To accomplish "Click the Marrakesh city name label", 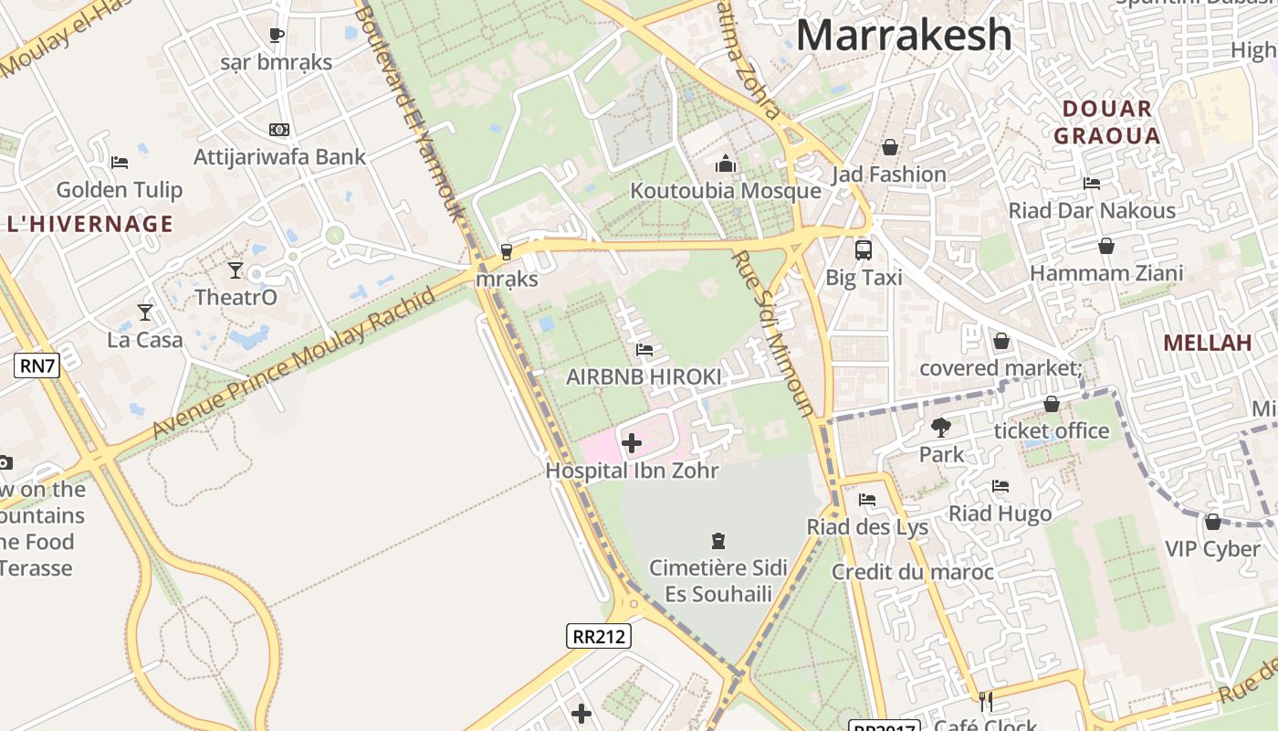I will tap(904, 35).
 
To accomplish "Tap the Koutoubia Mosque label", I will tap(726, 191).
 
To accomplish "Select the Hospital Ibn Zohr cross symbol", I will tap(631, 444).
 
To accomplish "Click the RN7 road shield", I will tap(37, 366).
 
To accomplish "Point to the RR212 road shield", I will tap(599, 635).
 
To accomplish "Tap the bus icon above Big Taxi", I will tap(863, 249).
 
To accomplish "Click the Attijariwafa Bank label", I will tap(279, 157).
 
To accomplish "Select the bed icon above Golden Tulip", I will tap(119, 163).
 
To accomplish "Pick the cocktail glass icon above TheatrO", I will tap(236, 270).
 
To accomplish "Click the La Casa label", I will tap(145, 340).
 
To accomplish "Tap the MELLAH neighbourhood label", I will tap(1207, 343).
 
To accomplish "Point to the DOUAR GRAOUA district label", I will tap(1106, 122).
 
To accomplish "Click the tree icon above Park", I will tap(940, 427).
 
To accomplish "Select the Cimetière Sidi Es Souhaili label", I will tap(718, 581).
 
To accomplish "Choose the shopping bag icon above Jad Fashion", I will tap(889, 147).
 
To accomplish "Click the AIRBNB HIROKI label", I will tap(644, 376).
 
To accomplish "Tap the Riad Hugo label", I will tap(1000, 514).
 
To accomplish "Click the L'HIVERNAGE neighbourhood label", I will tap(89, 224).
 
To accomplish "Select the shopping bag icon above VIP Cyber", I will tap(1212, 522).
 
